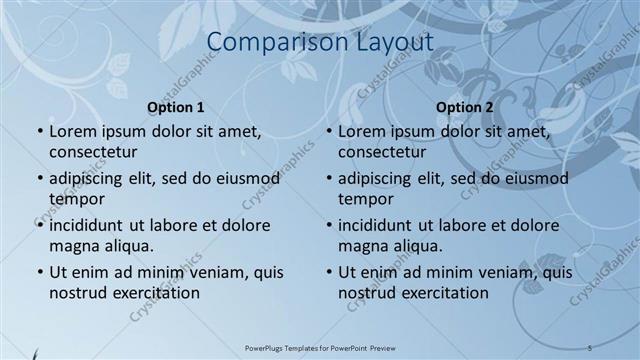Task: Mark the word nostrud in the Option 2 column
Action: (x=365, y=293)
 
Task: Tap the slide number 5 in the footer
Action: (x=591, y=347)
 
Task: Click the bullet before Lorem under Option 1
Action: (x=39, y=132)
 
